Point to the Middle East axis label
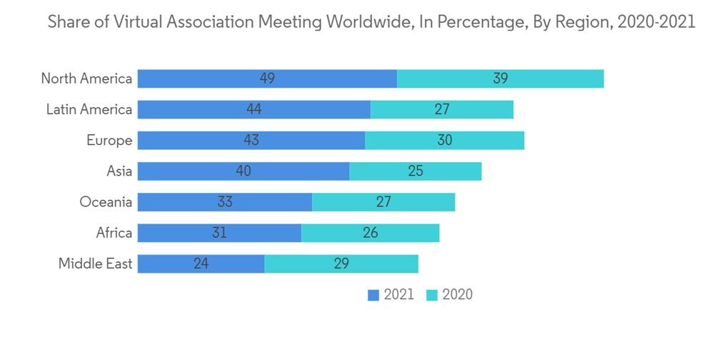[95, 264]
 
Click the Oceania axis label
[106, 202]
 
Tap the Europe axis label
[109, 140]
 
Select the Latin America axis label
[89, 109]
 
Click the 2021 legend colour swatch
[373, 295]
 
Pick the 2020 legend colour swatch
[431, 295]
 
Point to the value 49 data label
[267, 79]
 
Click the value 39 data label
[500, 79]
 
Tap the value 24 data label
[201, 264]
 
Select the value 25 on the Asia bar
[415, 171]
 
